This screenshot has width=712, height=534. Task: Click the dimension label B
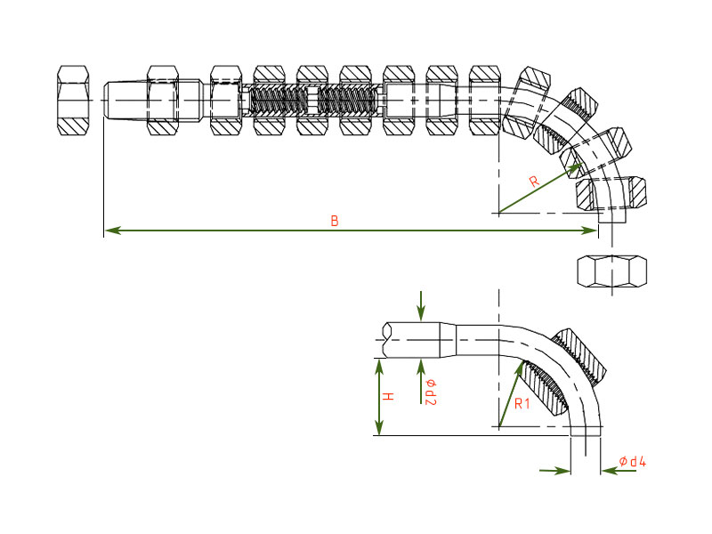click(x=335, y=221)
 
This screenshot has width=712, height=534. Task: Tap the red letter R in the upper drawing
click(x=534, y=182)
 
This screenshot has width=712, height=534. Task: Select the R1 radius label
click(x=522, y=404)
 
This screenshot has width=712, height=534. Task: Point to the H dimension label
click(x=389, y=396)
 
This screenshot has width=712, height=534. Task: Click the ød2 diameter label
click(x=430, y=392)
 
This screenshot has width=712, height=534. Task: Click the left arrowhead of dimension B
click(x=107, y=231)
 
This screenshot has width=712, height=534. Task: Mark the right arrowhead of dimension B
click(x=595, y=231)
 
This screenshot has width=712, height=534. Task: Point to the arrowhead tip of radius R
click(x=583, y=163)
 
